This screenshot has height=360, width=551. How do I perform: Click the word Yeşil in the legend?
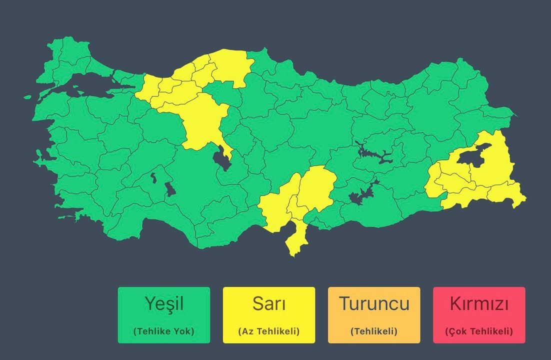click(x=164, y=303)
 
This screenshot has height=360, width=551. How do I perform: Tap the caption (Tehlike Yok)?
click(x=164, y=331)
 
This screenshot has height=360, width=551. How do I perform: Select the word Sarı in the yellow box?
click(x=269, y=303)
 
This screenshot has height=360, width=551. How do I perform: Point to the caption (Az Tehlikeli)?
click(x=269, y=331)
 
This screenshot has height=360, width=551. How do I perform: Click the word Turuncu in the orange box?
click(x=374, y=303)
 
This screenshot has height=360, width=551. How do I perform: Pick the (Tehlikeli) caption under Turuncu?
click(x=374, y=331)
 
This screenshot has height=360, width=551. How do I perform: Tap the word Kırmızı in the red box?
click(x=479, y=303)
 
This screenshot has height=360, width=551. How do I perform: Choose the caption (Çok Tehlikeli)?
click(x=479, y=331)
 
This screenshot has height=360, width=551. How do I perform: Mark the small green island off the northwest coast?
click(x=27, y=97)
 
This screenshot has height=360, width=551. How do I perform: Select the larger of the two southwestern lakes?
click(x=169, y=188)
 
